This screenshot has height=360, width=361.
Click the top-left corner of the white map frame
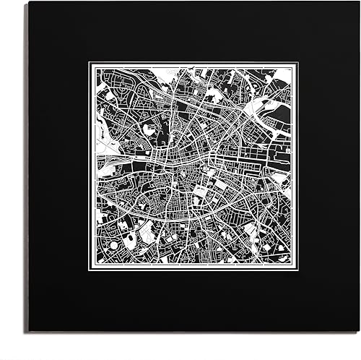[90, 63]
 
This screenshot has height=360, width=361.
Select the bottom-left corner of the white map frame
[90, 271]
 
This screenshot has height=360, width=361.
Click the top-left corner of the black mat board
[30, 2]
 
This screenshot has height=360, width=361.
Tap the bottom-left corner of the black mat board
[30, 331]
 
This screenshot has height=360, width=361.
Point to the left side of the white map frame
[90, 167]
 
